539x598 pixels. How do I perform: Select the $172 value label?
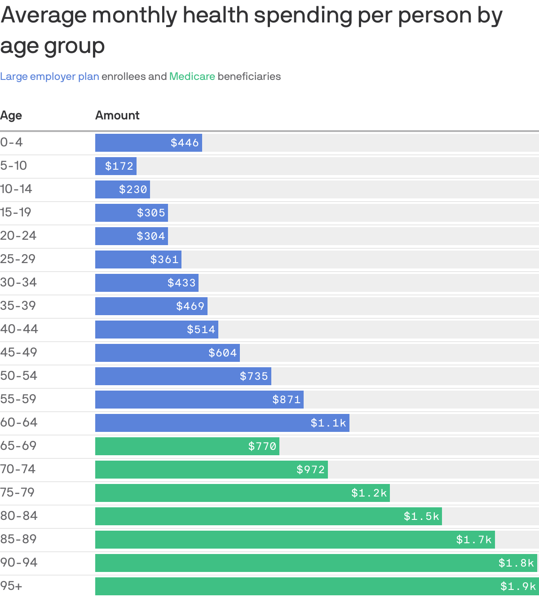point(119,166)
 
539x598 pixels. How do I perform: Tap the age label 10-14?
point(16,189)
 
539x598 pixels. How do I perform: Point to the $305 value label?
point(151,213)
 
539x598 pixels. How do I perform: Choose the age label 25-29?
point(18,259)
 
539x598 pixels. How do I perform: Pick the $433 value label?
point(181,283)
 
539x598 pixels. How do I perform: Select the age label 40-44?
point(19,329)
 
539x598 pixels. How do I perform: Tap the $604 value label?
point(222,353)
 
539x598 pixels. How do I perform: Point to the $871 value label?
point(286,400)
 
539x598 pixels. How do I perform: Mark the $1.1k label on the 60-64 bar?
point(328,423)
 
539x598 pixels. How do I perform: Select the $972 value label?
point(310,470)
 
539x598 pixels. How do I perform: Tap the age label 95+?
point(11,586)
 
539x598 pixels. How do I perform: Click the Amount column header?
point(117,115)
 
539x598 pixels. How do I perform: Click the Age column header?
point(11,115)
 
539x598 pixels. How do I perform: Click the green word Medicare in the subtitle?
point(192,76)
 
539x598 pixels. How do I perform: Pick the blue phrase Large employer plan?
point(49,76)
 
